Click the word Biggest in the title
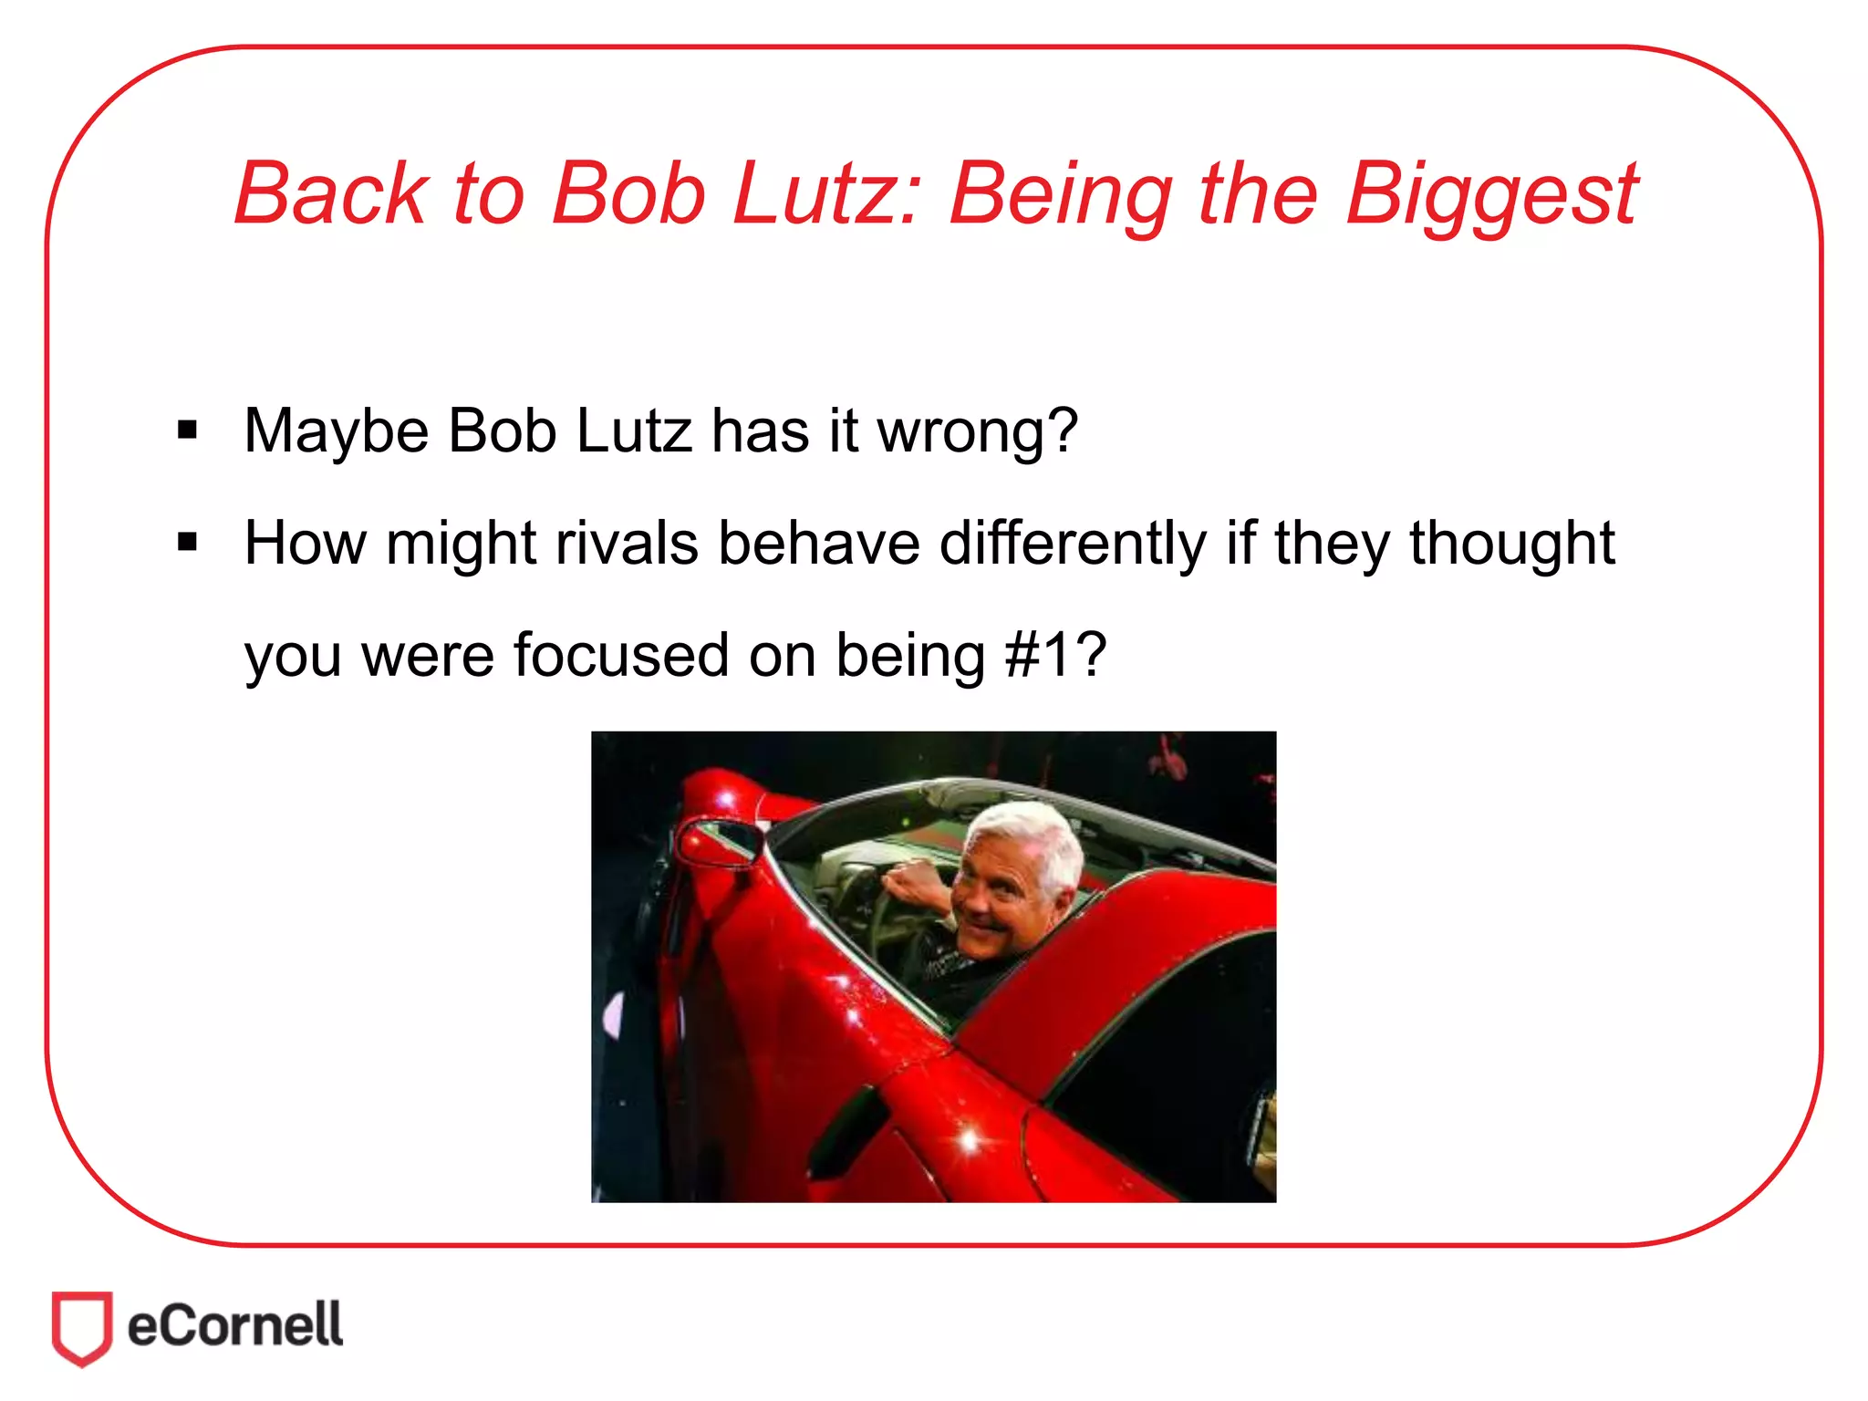point(1491,194)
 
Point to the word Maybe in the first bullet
point(336,431)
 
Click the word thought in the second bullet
point(1511,544)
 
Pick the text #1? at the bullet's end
point(1055,655)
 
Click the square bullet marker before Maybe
point(188,430)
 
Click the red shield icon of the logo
point(82,1327)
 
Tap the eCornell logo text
point(235,1325)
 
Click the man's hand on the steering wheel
point(917,882)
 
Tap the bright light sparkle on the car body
point(969,1140)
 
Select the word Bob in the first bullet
point(502,431)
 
